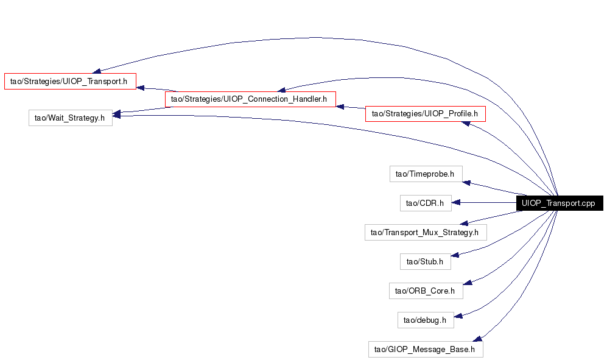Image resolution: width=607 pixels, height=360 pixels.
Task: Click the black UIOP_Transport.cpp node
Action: tap(560, 203)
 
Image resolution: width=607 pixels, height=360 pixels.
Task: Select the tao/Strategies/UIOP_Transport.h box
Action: tap(70, 82)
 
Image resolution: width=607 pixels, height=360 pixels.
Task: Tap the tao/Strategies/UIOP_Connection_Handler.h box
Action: tap(250, 99)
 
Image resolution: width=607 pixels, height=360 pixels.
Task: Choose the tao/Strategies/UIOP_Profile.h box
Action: tap(425, 113)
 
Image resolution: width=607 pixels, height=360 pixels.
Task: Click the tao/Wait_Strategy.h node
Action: tap(71, 118)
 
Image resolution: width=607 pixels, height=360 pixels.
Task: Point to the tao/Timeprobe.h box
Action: tap(426, 174)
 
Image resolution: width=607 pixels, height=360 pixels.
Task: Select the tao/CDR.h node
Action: tap(426, 203)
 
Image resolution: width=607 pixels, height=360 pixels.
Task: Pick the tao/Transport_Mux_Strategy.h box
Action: tap(426, 233)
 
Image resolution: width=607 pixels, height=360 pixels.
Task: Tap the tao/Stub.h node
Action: tap(425, 261)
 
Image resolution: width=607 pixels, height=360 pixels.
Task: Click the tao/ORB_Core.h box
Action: tap(426, 291)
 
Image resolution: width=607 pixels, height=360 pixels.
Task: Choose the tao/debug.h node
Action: tap(426, 320)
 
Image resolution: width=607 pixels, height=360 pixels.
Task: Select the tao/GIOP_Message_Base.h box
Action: tap(426, 349)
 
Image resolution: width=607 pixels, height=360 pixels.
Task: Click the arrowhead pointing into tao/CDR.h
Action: tap(455, 202)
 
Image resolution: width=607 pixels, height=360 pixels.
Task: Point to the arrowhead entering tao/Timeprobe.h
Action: tap(466, 183)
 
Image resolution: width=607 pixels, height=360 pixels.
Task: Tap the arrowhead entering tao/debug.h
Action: tap(458, 316)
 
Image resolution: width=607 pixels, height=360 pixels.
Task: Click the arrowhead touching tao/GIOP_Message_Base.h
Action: tap(477, 339)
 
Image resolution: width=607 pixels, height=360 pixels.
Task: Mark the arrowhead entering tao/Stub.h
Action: tap(455, 255)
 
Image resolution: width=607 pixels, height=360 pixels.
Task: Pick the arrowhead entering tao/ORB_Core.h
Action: tap(468, 283)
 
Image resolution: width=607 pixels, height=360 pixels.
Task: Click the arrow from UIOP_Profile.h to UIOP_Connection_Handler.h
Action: tap(350, 107)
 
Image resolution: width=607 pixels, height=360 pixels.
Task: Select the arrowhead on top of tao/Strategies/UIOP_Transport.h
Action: tap(97, 71)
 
